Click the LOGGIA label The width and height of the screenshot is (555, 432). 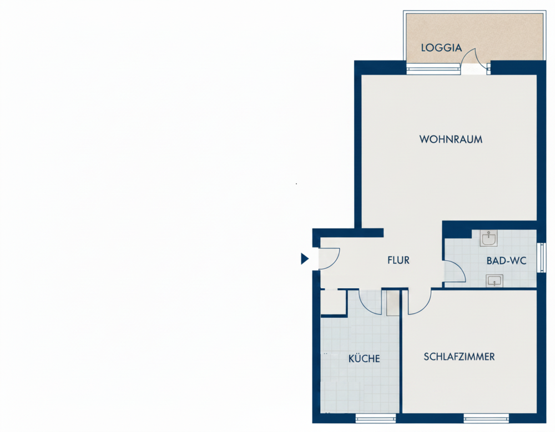tap(441, 47)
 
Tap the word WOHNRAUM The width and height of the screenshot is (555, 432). tap(451, 139)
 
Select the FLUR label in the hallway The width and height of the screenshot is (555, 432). tap(398, 260)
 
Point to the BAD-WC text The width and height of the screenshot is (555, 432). tap(506, 261)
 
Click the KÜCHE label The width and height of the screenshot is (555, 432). tap(364, 358)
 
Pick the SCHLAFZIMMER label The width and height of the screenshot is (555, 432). tap(459, 356)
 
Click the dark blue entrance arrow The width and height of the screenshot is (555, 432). tap(304, 259)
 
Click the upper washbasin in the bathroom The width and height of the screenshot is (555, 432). tap(489, 238)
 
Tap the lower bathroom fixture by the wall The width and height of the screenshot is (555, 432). tap(494, 281)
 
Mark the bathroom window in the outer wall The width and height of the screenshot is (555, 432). tap(541, 258)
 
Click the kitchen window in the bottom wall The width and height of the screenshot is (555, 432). tap(376, 418)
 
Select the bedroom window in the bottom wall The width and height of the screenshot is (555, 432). tap(486, 418)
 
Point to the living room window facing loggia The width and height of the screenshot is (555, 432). tap(433, 69)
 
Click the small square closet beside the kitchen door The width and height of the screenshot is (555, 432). tap(332, 303)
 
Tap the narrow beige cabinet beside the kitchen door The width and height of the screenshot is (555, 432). tap(392, 303)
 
